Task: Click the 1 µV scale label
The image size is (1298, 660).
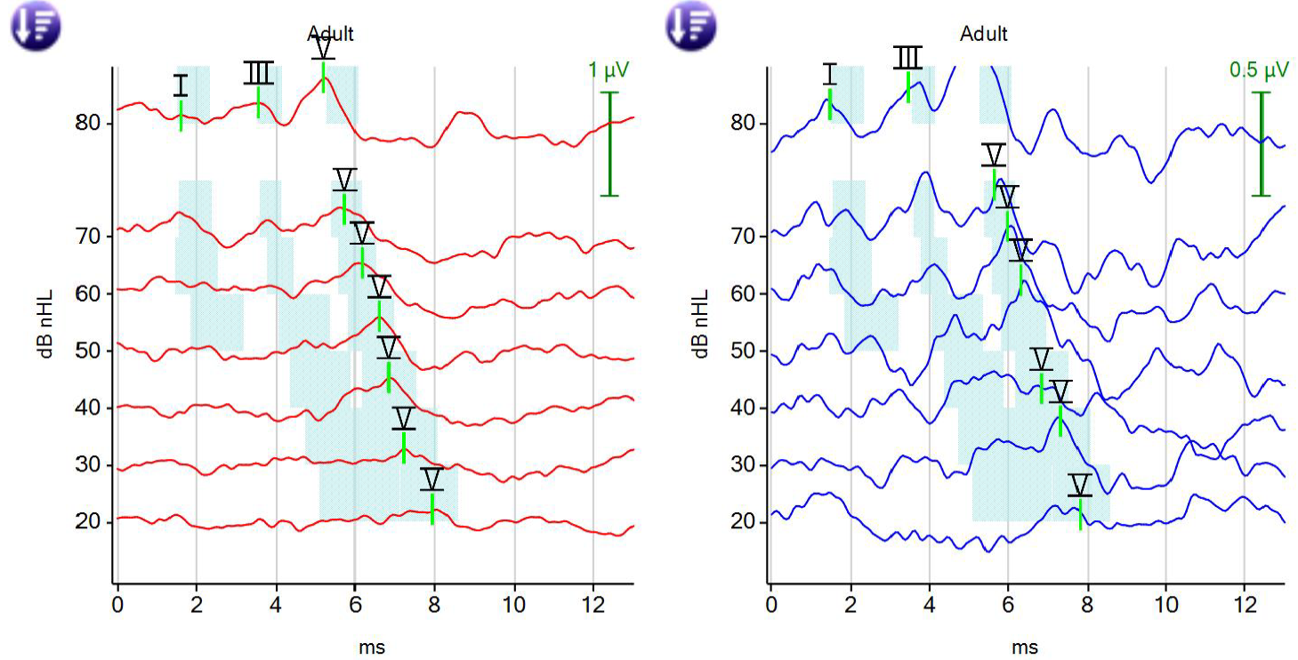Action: [x=609, y=69]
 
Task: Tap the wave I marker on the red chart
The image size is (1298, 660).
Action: [x=181, y=86]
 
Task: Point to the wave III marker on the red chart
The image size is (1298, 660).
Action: [x=258, y=73]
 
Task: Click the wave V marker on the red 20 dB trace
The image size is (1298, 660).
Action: [x=432, y=480]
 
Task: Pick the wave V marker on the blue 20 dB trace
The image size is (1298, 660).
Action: [x=1079, y=486]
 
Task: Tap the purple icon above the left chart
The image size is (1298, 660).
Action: [x=35, y=24]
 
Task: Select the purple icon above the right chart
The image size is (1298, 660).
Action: [x=690, y=24]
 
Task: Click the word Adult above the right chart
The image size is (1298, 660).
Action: [x=984, y=35]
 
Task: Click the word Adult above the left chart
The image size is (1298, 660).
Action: [x=331, y=35]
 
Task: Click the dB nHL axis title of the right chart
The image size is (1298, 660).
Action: [x=701, y=323]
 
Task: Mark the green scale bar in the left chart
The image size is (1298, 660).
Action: [x=609, y=143]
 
